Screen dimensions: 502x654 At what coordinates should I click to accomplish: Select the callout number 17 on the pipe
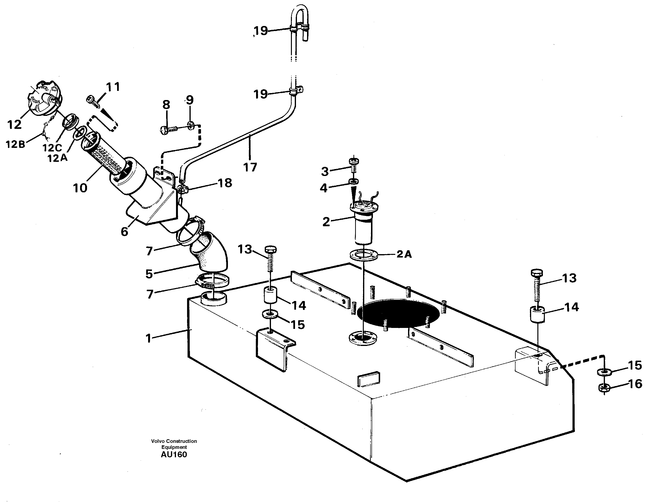tap(250, 167)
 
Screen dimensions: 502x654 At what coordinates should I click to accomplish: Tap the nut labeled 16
tap(604, 388)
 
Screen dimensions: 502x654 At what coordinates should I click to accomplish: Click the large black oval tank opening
tap(398, 314)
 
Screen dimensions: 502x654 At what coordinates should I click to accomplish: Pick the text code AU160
tap(174, 454)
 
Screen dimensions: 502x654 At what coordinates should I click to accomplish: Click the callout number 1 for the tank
tap(149, 339)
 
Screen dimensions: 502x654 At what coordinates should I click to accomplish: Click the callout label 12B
tap(15, 144)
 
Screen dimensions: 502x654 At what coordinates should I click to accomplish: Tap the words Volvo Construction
tap(174, 441)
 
